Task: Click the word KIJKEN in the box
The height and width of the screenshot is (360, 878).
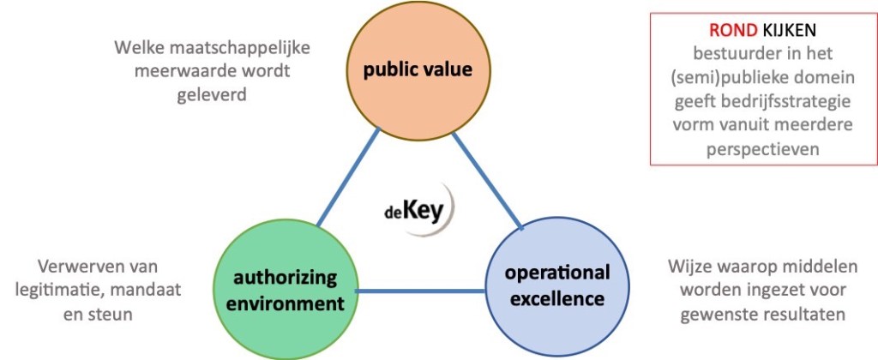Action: point(790,29)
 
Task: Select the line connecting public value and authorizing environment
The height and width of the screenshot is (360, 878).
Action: point(346,178)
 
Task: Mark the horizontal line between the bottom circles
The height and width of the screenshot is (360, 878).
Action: point(420,291)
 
